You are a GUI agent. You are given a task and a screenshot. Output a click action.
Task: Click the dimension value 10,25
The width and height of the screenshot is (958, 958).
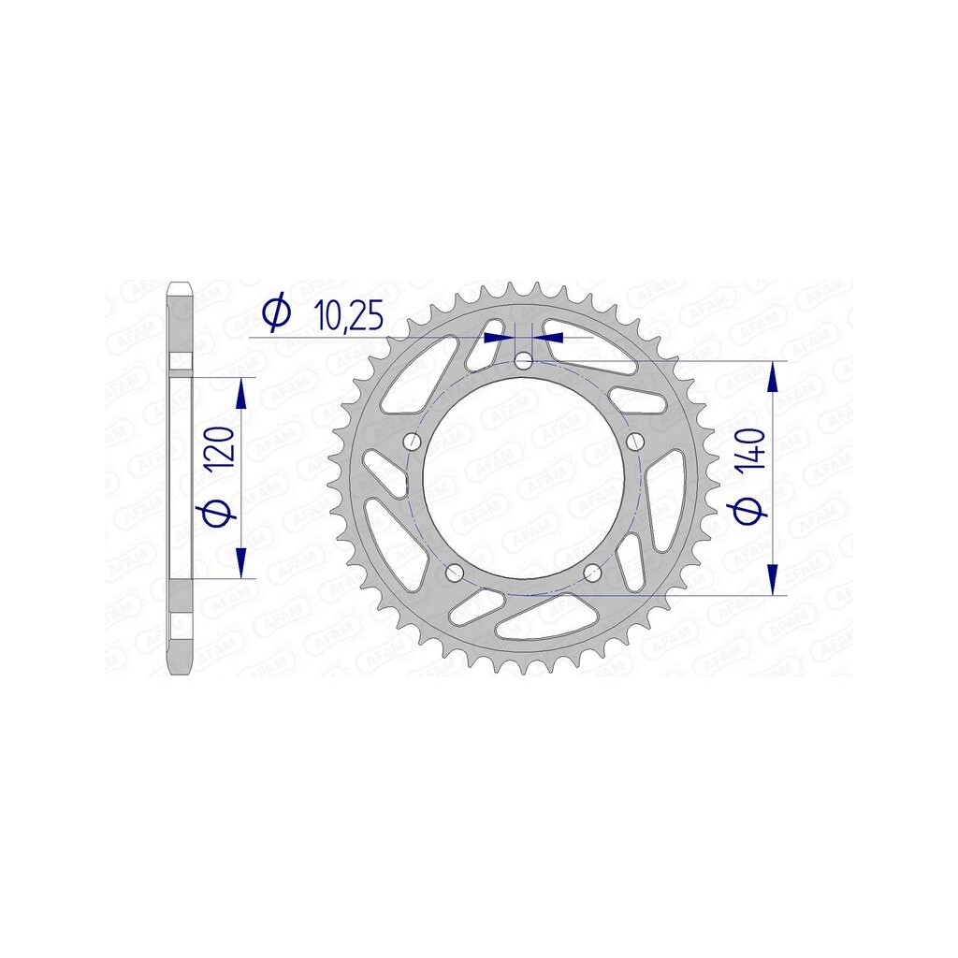pyautogui.click(x=348, y=316)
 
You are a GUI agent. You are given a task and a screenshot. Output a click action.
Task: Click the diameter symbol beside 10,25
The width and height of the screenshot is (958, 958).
pyautogui.click(x=276, y=313)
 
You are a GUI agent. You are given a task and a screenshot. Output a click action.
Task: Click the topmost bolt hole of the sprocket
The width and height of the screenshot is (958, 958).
pyautogui.click(x=524, y=362)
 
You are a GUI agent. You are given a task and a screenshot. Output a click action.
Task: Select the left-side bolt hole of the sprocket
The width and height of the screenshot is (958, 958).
pyautogui.click(x=414, y=442)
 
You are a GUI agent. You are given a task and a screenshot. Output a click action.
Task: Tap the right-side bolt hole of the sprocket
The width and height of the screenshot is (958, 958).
pyautogui.click(x=636, y=441)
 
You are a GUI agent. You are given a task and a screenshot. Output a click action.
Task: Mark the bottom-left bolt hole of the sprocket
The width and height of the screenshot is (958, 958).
pyautogui.click(x=455, y=573)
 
